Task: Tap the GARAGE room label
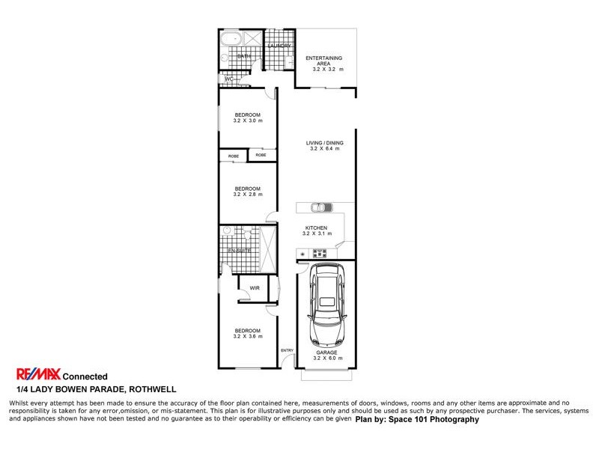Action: point(326,352)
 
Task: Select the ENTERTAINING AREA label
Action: point(323,61)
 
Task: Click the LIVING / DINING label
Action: point(324,143)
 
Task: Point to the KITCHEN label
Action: point(316,227)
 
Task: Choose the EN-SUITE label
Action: point(239,250)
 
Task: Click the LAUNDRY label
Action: point(279,46)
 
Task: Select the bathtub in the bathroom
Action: point(231,39)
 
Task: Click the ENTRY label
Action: point(287,350)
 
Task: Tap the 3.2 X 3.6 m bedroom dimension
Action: point(247,337)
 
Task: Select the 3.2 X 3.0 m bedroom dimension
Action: point(247,120)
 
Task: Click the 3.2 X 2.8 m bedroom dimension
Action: point(247,195)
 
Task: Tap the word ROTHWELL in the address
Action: point(153,389)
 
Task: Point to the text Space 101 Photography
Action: point(437,420)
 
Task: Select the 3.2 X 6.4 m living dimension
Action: point(324,149)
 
